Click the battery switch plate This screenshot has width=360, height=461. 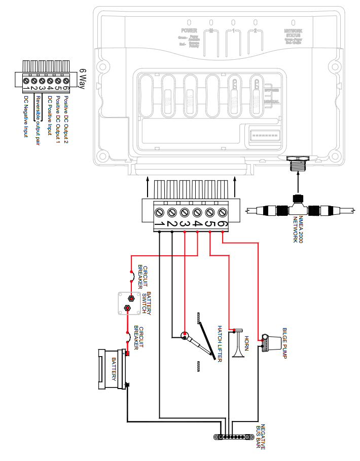click(128, 302)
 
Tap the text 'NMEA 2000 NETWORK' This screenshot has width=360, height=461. click(298, 229)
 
